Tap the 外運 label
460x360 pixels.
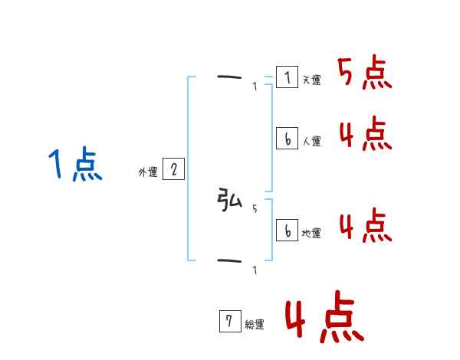(x=148, y=173)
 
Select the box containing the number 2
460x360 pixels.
(x=173, y=169)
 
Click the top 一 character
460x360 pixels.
(x=229, y=77)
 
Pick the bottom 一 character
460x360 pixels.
(x=229, y=261)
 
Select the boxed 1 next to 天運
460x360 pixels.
(x=287, y=77)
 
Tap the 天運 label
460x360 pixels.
(x=311, y=80)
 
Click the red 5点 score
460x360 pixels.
(x=364, y=74)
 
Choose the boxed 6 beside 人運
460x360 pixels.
(x=287, y=138)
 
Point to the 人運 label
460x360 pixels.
(x=311, y=142)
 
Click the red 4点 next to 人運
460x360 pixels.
(x=364, y=135)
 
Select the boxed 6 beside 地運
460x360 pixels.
(x=287, y=230)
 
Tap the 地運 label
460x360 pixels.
(x=311, y=234)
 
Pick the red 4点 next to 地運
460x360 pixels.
(x=364, y=225)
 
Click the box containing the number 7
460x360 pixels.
(x=230, y=321)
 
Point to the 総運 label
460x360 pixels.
(x=255, y=325)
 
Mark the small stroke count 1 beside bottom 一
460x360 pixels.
(x=255, y=270)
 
